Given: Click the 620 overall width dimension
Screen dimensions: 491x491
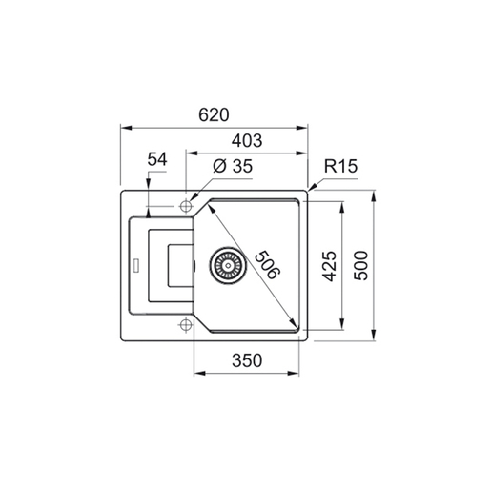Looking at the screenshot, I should click(214, 115).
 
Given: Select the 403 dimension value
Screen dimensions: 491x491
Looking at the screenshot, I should click(246, 140).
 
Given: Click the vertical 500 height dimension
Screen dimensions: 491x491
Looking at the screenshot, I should click(359, 262).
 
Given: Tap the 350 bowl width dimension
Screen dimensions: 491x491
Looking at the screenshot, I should click(246, 361).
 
